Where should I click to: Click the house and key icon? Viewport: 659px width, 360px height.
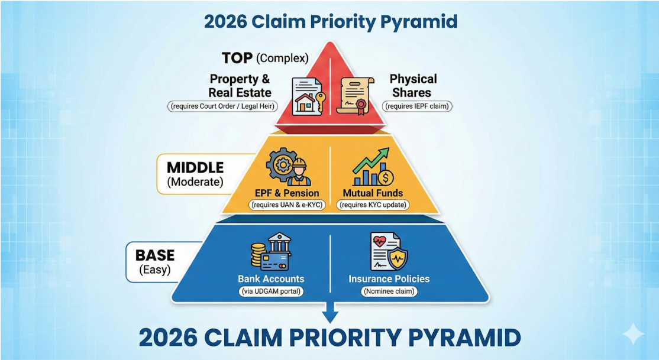tap(307, 96)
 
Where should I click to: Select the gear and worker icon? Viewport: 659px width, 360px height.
tap(289, 167)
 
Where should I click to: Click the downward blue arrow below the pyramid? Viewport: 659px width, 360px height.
tap(330, 311)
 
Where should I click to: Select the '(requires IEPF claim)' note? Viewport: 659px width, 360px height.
tap(418, 106)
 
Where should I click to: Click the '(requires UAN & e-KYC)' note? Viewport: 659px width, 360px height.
tap(288, 205)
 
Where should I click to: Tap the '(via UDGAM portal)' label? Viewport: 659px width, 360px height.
tap(271, 291)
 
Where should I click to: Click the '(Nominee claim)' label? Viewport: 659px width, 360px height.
tap(389, 291)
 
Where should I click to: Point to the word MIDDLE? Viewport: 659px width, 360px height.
tap(195, 167)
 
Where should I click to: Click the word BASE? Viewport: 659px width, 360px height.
tap(155, 255)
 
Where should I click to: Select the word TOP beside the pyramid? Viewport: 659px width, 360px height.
tap(237, 58)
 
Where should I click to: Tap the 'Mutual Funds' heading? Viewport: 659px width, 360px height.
tap(373, 193)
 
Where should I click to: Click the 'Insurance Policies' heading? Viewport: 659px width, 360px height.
tap(389, 278)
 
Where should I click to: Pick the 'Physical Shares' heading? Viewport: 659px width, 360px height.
tap(413, 86)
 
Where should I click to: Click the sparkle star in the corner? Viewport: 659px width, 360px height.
tap(634, 334)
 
